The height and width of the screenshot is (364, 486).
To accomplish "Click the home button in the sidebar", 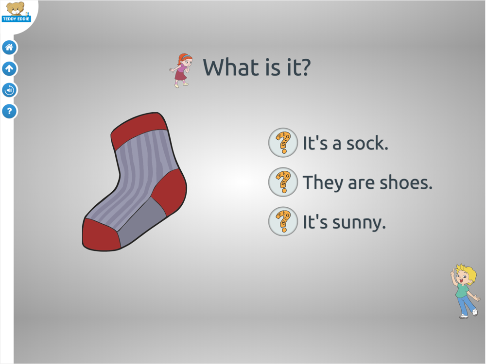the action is click(x=9, y=48).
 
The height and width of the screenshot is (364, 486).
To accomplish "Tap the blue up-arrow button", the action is click(x=9, y=69).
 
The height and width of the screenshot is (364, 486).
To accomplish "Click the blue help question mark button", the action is click(x=9, y=111).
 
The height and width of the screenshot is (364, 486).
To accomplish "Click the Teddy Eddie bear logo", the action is click(x=16, y=12).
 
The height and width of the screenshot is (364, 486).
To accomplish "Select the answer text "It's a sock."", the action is click(x=345, y=143).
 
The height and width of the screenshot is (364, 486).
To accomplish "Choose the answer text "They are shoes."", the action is click(x=367, y=182).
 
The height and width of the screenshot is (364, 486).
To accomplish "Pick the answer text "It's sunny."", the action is click(x=344, y=222).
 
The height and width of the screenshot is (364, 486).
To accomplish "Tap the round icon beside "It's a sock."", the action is click(x=283, y=143).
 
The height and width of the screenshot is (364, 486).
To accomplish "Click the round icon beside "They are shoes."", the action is click(x=283, y=182).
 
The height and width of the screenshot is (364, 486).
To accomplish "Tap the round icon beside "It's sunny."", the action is click(x=283, y=221).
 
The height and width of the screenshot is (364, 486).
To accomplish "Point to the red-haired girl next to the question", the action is click(x=182, y=70).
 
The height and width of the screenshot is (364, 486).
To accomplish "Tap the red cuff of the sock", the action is click(x=139, y=130).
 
